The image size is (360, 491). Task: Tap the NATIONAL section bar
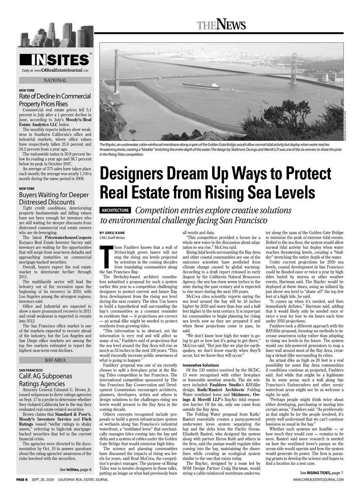pos(55,80)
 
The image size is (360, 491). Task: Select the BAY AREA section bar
pos(55,360)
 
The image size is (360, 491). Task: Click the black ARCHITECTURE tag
pos(115,210)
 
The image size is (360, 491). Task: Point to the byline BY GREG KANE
pos(112,233)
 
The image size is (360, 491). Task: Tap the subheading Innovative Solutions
pos(201,365)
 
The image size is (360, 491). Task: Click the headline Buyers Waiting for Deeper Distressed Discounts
pos(54,198)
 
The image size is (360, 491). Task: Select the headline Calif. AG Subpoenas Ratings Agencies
pos(45,380)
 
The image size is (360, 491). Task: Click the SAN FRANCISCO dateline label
pos(31,370)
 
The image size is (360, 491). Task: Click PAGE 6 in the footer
pos(22,480)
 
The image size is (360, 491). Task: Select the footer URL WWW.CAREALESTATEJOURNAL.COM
pos(318,480)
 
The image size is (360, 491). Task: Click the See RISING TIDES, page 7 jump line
pos(321,473)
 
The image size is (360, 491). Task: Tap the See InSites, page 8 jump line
pos(75,470)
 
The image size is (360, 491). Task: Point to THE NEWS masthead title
pos(221,25)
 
